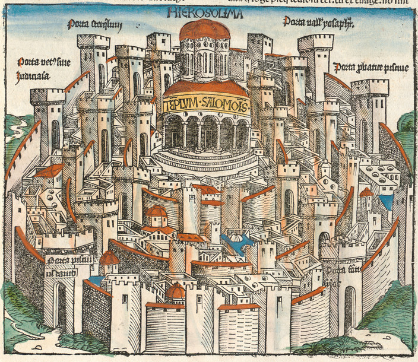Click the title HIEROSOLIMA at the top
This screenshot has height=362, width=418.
pos(205,12)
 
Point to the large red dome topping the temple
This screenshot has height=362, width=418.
pos(204,30)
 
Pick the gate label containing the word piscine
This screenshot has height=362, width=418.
pos(370,68)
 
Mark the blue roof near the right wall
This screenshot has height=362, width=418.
pos(386,201)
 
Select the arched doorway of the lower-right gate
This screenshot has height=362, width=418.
pos(350,306)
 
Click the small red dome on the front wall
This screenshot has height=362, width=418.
pos(175,292)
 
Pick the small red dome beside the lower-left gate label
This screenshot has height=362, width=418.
pos(109,258)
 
